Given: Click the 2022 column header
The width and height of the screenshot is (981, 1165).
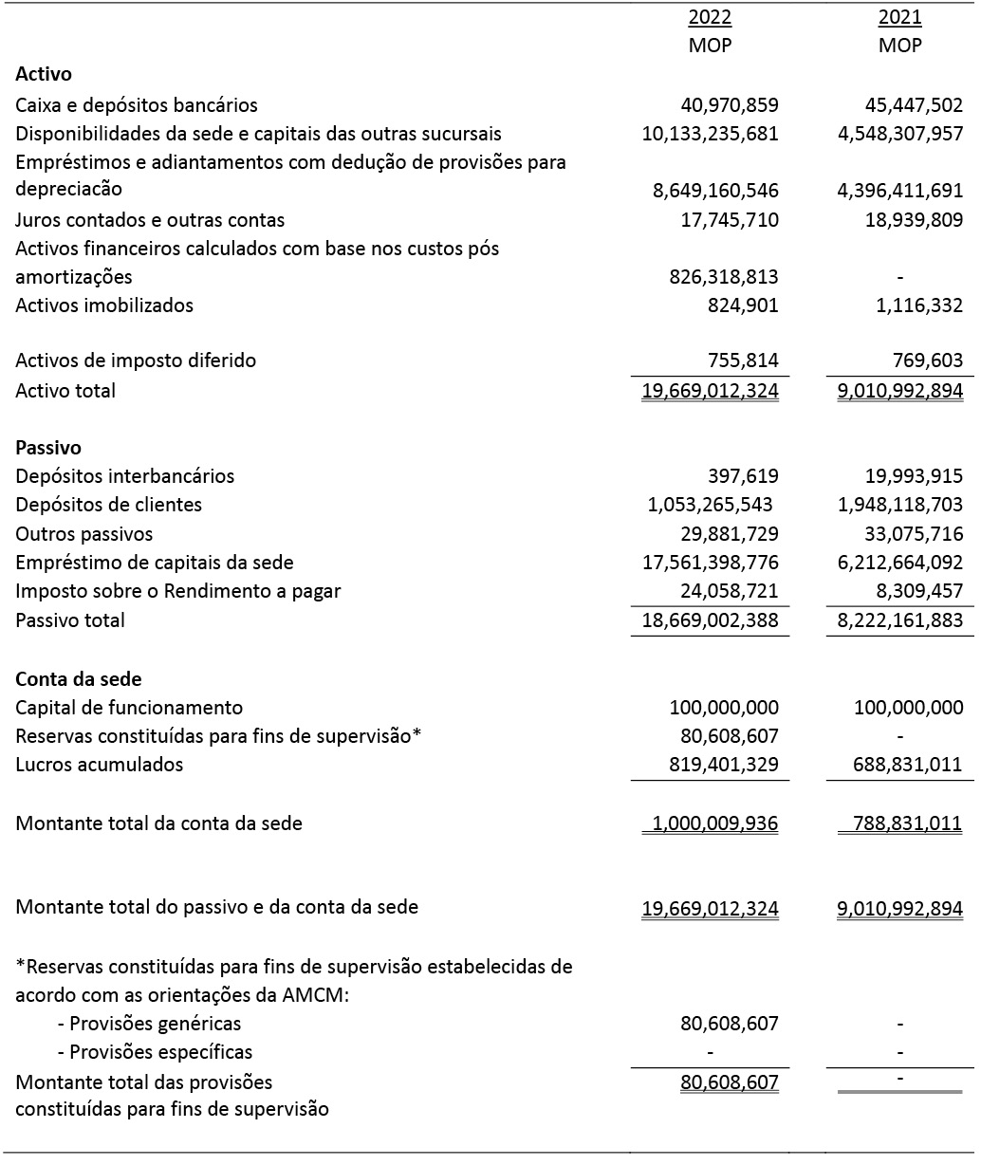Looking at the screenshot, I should [x=710, y=17].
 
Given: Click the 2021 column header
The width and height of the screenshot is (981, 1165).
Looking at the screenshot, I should [x=899, y=17].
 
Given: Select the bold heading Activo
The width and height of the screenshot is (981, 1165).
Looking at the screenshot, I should [x=44, y=74].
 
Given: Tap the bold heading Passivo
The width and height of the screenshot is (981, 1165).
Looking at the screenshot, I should [x=48, y=447].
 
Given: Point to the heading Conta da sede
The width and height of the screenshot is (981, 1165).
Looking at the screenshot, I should [x=79, y=679].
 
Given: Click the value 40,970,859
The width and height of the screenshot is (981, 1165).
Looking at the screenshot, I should [x=730, y=105].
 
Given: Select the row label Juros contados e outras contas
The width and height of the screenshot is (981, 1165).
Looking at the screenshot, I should [x=150, y=220].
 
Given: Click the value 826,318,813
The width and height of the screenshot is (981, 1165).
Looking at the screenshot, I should [x=724, y=277].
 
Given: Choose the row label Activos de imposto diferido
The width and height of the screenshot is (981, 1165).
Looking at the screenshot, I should [x=136, y=361].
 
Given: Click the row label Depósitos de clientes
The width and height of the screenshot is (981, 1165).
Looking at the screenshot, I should [x=109, y=505].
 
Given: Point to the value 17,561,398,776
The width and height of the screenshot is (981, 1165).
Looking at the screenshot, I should [x=711, y=563].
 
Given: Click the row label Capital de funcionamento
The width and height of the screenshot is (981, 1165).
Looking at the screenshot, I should [x=129, y=708].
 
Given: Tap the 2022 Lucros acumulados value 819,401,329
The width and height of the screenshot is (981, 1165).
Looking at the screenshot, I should [x=724, y=765].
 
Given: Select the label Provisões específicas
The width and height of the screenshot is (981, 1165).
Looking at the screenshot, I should [x=155, y=1052].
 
